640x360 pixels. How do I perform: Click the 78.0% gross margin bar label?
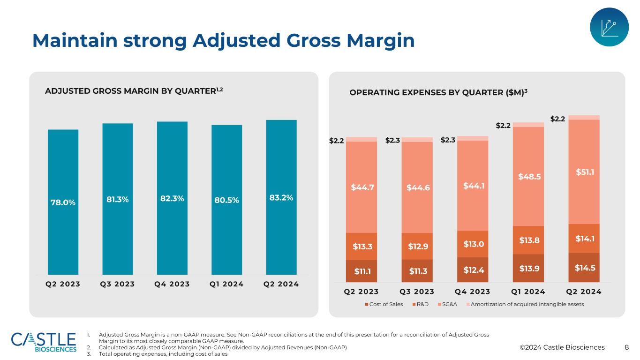pos(63,202)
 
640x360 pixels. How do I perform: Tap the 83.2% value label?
pos(281,198)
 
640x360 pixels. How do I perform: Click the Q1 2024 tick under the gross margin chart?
pos(226,284)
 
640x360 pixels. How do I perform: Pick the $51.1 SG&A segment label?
pos(584,172)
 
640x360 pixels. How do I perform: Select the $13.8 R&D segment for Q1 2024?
pos(529,240)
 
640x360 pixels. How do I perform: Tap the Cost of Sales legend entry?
pos(384,304)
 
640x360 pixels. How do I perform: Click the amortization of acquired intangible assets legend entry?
pos(523,304)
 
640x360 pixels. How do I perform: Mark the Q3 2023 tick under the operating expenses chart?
pos(417,292)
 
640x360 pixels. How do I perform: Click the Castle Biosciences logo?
pos(44,342)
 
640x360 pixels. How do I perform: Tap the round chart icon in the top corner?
pos(609,27)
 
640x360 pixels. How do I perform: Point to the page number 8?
pos(627,347)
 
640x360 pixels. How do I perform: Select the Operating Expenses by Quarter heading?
pos(438,93)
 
